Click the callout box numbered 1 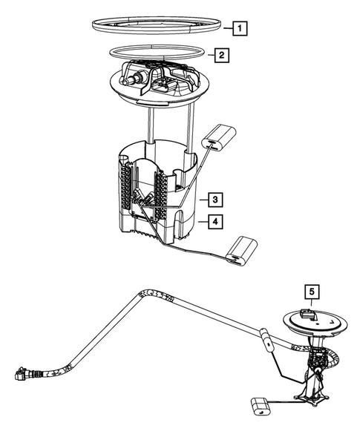click(x=238, y=30)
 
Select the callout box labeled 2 click(x=220, y=55)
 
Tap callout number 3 click(x=213, y=200)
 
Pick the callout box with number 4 click(x=213, y=220)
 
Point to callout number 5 click(x=312, y=292)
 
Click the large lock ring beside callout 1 click(x=157, y=25)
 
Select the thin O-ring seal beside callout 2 click(x=157, y=53)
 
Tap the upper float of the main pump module click(x=218, y=137)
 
